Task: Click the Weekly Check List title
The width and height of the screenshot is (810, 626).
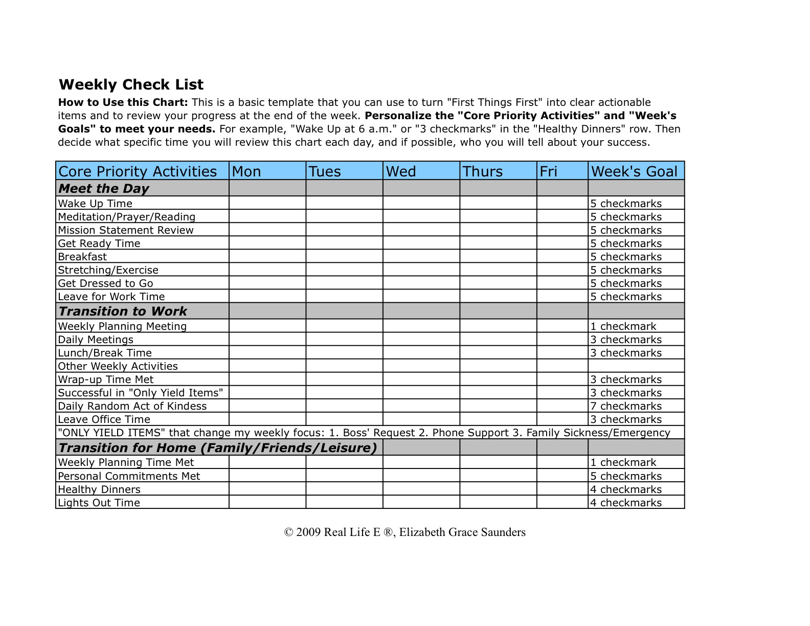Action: click(x=131, y=85)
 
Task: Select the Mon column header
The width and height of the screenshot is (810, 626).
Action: click(x=246, y=171)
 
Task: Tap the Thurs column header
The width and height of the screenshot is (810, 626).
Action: click(x=483, y=171)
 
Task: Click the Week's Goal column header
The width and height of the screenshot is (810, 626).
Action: click(x=634, y=171)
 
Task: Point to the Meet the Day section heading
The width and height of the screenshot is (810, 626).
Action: click(x=104, y=189)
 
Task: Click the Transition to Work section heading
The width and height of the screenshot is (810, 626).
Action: click(x=123, y=311)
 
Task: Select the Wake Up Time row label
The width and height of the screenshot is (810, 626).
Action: click(x=95, y=204)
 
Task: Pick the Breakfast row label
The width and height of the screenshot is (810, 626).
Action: click(x=82, y=257)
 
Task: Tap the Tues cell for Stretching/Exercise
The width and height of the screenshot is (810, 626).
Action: click(x=344, y=270)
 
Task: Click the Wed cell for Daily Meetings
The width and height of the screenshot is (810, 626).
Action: click(x=421, y=340)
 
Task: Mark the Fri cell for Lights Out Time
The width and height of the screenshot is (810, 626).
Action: click(x=562, y=503)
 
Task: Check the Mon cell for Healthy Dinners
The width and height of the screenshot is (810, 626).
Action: click(x=267, y=489)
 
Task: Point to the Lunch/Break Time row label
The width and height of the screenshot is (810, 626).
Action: click(x=105, y=353)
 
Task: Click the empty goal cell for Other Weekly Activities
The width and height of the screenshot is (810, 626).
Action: click(x=636, y=366)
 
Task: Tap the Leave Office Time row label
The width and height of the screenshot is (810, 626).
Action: click(x=104, y=419)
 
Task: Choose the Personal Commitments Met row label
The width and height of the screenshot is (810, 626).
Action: click(x=129, y=476)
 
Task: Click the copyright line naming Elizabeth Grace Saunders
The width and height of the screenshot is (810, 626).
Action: click(x=404, y=532)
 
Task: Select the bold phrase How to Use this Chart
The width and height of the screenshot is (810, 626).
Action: click(x=123, y=102)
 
